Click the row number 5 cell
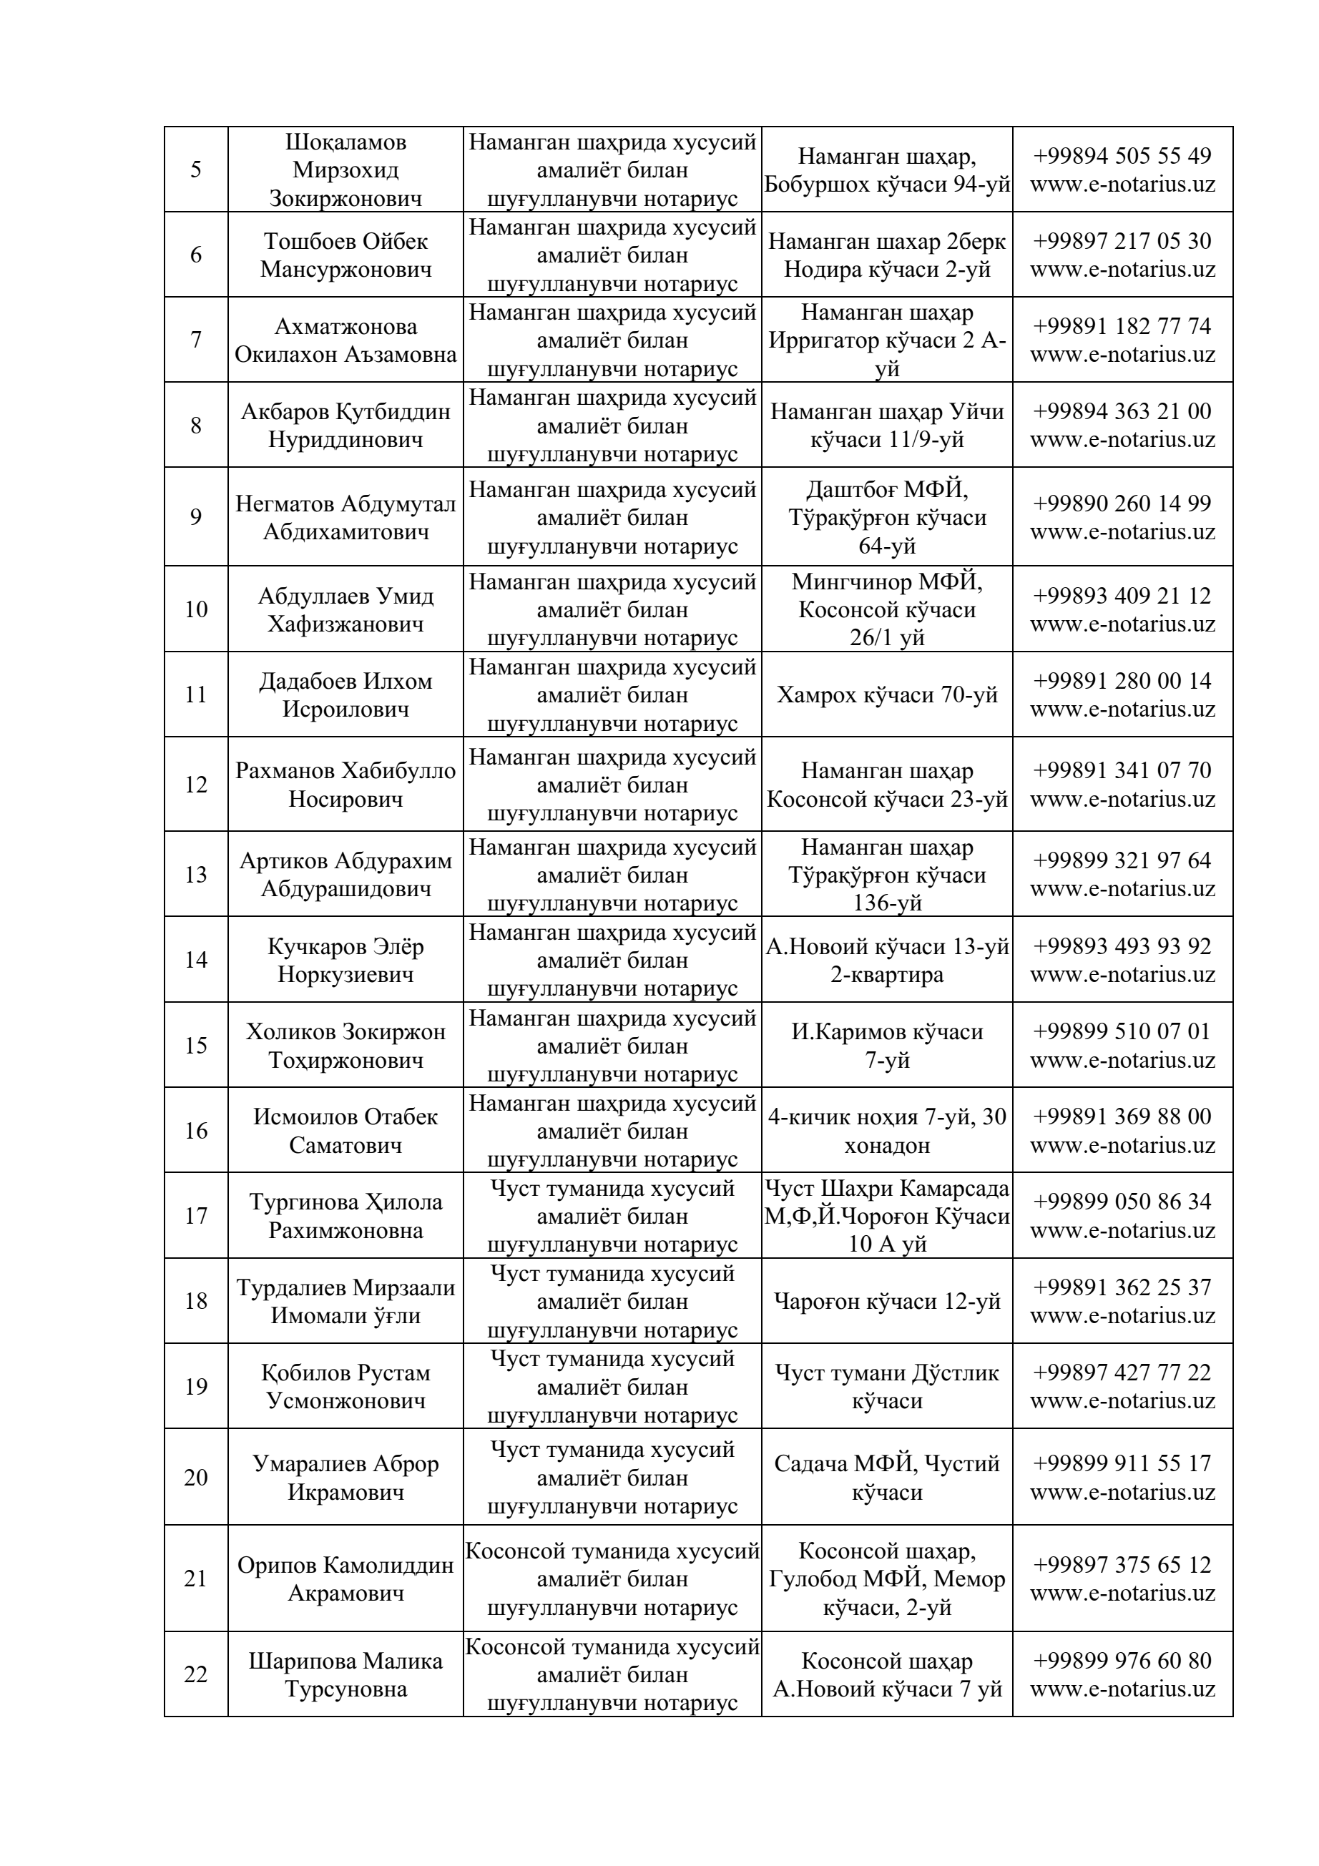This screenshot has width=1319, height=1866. click(196, 170)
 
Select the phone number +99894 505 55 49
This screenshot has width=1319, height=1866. click(1122, 156)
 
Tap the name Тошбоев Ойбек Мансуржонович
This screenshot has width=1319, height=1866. click(345, 255)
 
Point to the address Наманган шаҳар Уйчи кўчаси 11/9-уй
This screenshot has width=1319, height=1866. click(887, 425)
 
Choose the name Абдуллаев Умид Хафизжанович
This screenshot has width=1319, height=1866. click(345, 609)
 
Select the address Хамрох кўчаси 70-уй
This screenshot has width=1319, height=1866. click(887, 695)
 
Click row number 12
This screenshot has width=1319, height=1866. click(196, 785)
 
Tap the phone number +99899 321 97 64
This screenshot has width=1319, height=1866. click(1122, 860)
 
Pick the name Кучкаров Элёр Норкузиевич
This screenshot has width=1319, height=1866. click(345, 960)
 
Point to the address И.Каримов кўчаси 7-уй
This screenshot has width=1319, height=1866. click(887, 1045)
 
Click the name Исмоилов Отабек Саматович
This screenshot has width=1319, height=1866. click(345, 1131)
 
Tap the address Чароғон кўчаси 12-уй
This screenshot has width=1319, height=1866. click(887, 1301)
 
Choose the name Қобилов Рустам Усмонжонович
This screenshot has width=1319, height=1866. click(345, 1387)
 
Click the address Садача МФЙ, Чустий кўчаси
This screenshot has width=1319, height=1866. click(887, 1478)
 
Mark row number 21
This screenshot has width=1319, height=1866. click(196, 1578)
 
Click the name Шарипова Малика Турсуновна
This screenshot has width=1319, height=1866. click(345, 1674)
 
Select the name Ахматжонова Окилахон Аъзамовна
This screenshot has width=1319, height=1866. click(345, 340)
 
